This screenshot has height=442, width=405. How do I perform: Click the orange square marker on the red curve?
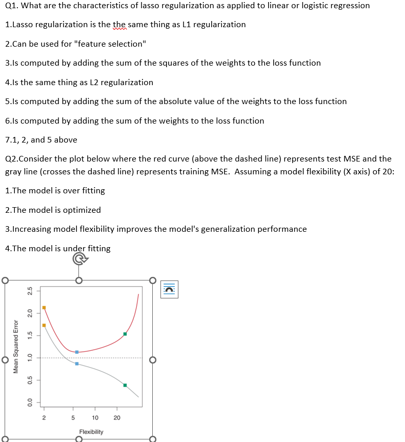[44, 308]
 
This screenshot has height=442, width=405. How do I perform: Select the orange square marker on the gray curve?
[44, 325]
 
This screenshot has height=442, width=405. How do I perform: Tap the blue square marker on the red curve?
[77, 352]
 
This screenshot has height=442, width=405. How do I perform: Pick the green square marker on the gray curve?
[125, 385]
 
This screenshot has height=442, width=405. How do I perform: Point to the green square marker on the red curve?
[125, 334]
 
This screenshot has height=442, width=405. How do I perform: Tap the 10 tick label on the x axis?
[95, 418]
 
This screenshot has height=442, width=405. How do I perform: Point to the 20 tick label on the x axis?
[117, 418]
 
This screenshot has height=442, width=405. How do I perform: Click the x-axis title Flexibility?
[91, 432]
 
